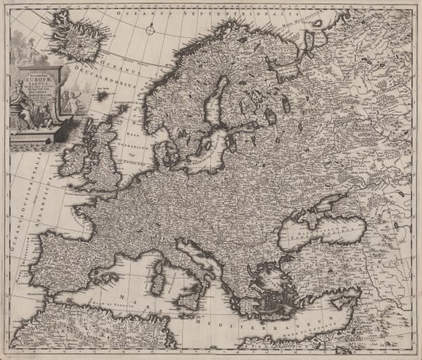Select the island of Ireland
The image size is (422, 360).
click(x=74, y=160)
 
